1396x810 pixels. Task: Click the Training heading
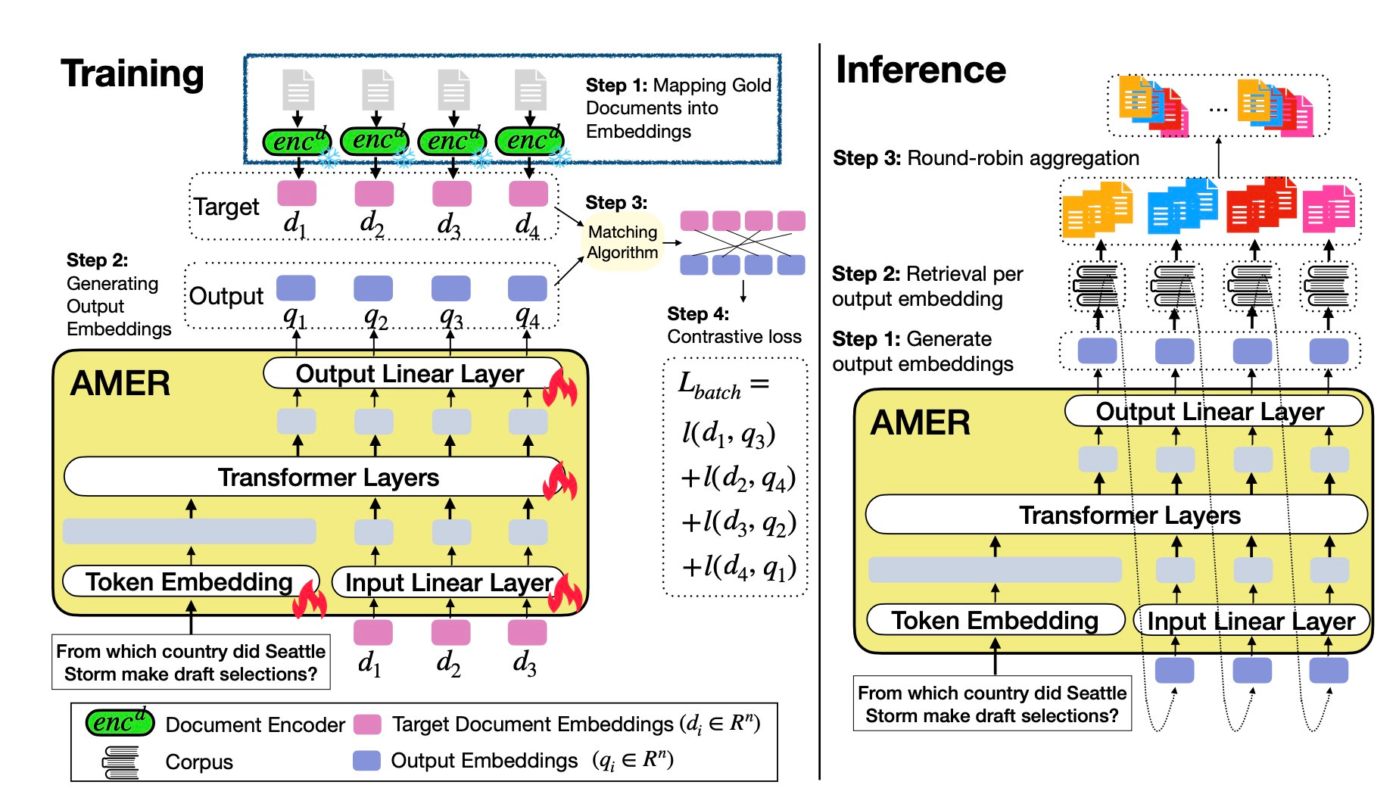(x=132, y=74)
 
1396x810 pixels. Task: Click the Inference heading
(x=921, y=70)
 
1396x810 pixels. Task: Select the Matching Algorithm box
(x=622, y=242)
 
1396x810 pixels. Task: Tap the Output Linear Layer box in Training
(x=410, y=374)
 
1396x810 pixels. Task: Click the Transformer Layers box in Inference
(x=1130, y=516)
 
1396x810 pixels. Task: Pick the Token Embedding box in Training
(x=189, y=581)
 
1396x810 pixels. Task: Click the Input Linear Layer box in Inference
(x=1251, y=621)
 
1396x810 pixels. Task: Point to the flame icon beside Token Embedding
(x=310, y=600)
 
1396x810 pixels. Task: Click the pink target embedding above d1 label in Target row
(x=297, y=193)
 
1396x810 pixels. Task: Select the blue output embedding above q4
(x=527, y=288)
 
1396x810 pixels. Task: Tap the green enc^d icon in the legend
(x=120, y=723)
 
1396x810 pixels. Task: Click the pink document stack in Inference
(x=1329, y=209)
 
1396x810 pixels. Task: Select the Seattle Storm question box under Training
(x=191, y=662)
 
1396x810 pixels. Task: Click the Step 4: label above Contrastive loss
(x=697, y=313)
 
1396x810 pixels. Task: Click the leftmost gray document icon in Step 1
(x=298, y=89)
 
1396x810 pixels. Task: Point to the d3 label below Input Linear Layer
(x=525, y=663)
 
